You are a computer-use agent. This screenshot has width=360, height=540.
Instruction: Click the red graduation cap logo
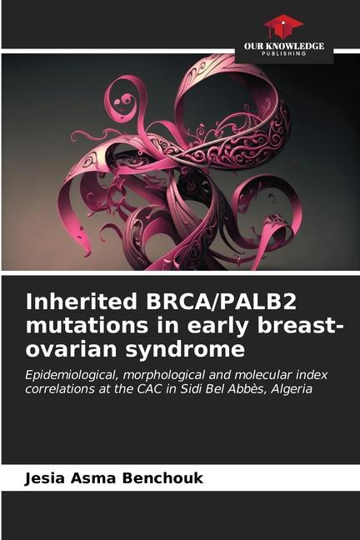[x=283, y=27]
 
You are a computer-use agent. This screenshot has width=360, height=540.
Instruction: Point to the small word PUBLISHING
[x=284, y=53]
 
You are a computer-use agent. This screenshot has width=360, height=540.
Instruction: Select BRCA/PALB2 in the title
[x=221, y=302]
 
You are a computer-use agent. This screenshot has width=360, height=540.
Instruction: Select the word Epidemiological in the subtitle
[x=72, y=375]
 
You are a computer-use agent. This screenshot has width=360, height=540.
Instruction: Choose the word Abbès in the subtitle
[x=250, y=389]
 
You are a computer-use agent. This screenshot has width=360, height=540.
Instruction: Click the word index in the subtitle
[x=312, y=374]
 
